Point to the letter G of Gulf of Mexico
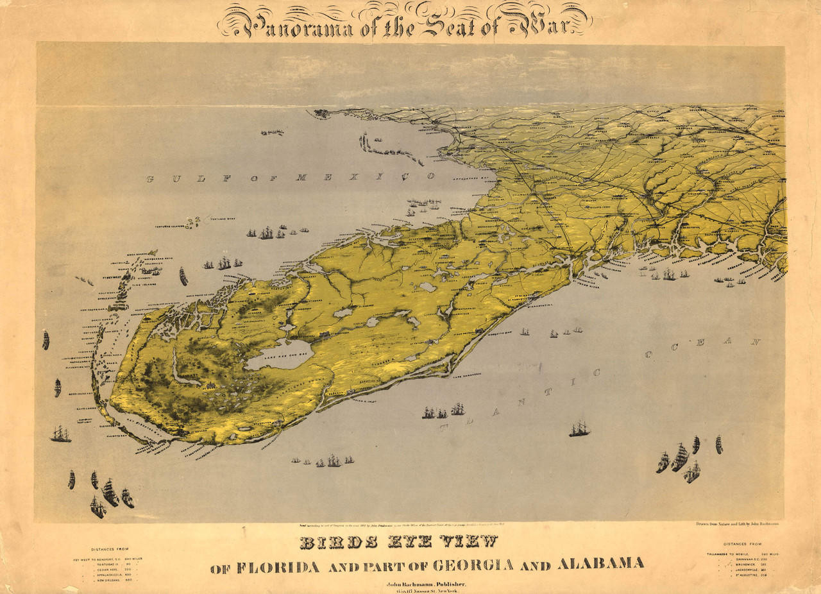149,179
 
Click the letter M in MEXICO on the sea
300,178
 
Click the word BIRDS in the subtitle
329,542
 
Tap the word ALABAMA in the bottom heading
601,564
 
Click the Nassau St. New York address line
426,591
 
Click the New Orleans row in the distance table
115,580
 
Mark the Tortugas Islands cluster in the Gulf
193,223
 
